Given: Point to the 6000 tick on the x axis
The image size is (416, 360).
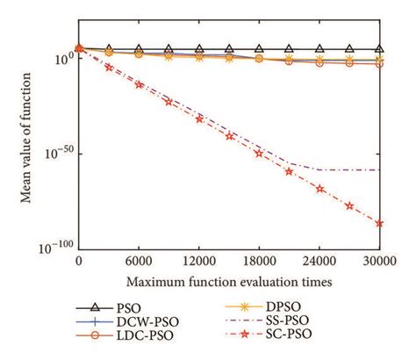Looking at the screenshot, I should tap(140, 261).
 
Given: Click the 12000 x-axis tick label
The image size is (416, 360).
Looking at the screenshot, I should tap(199, 261).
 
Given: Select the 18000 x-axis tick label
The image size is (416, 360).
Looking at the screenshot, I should tap(259, 261).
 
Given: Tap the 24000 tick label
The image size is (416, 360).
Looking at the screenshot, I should tap(319, 261).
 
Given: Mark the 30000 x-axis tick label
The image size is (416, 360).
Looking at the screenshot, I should tap(378, 261).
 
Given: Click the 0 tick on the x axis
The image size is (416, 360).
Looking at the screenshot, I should tap(80, 261).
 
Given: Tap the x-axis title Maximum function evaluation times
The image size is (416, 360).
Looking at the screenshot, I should tap(229, 282).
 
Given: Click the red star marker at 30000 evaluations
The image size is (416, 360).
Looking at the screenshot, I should tap(379, 223).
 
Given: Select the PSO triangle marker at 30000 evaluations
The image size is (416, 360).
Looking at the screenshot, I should tap(379, 50).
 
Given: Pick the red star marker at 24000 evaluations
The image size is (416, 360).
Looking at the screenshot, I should tap(319, 189).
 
